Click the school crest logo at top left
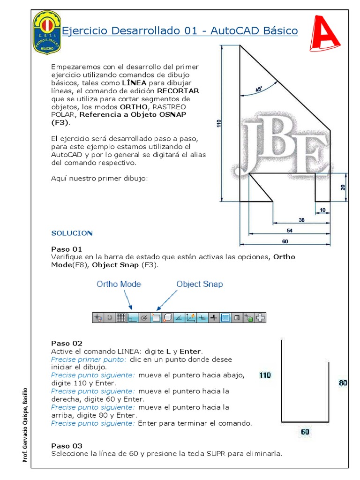pos(47,31)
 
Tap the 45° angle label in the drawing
pos(258,89)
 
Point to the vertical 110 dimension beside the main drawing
pos(218,124)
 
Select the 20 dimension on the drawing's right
pos(343,187)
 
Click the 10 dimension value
pos(322,210)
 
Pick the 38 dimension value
pos(302,220)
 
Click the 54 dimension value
pos(290,231)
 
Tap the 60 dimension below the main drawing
pos(285,241)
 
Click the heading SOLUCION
pos(72,233)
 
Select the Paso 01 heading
pos(67,249)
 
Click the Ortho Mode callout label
pos(119,284)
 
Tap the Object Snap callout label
pos(199,284)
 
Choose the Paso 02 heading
pos(67,343)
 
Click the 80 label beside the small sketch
pos(343,383)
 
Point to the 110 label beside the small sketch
pos(265,375)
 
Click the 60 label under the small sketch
pos(305,432)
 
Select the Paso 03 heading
pos(67,446)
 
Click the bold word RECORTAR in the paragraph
pos(178,90)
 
